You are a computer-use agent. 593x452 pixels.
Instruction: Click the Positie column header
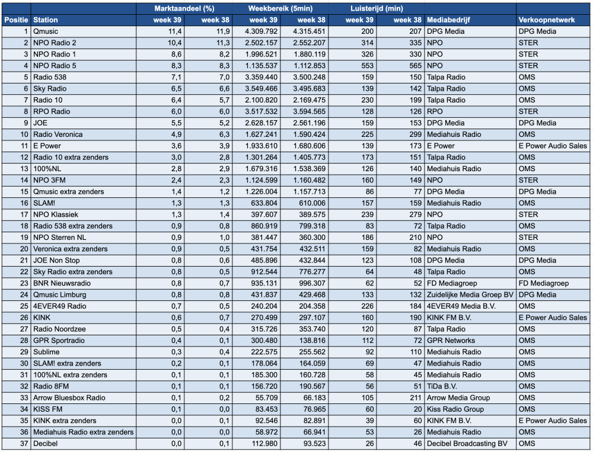click(x=16, y=20)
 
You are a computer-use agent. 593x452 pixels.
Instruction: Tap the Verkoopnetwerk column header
click(x=547, y=20)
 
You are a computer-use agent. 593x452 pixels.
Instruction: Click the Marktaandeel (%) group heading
click(x=184, y=8)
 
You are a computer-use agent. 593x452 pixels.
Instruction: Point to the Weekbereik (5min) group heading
click(x=280, y=8)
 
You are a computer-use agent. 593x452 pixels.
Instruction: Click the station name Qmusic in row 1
click(x=46, y=31)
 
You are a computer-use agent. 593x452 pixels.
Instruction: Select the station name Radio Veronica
click(x=58, y=134)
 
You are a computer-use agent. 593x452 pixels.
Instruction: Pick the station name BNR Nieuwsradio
click(x=62, y=283)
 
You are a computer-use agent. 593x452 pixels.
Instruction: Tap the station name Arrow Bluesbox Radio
click(x=69, y=398)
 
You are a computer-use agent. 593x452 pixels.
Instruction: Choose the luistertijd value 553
click(x=367, y=66)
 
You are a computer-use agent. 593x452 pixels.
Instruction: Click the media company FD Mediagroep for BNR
click(x=452, y=283)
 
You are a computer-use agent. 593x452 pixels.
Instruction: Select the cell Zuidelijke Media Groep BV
click(x=470, y=295)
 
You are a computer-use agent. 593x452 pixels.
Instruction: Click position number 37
click(x=24, y=444)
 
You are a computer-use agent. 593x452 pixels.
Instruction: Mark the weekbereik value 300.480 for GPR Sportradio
click(x=264, y=341)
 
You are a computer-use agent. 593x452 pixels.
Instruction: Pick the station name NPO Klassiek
click(x=56, y=214)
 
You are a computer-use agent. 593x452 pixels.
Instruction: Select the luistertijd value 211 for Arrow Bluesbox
click(x=415, y=398)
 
